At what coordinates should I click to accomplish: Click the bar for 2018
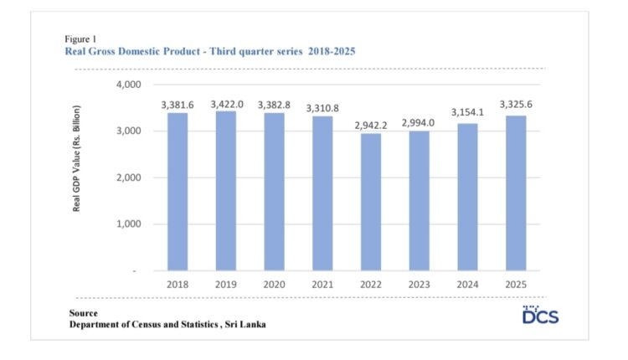coord(177,192)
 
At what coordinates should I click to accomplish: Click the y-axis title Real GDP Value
coord(76,158)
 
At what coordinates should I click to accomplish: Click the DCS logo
coord(539,316)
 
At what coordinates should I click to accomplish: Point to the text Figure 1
coord(80,39)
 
